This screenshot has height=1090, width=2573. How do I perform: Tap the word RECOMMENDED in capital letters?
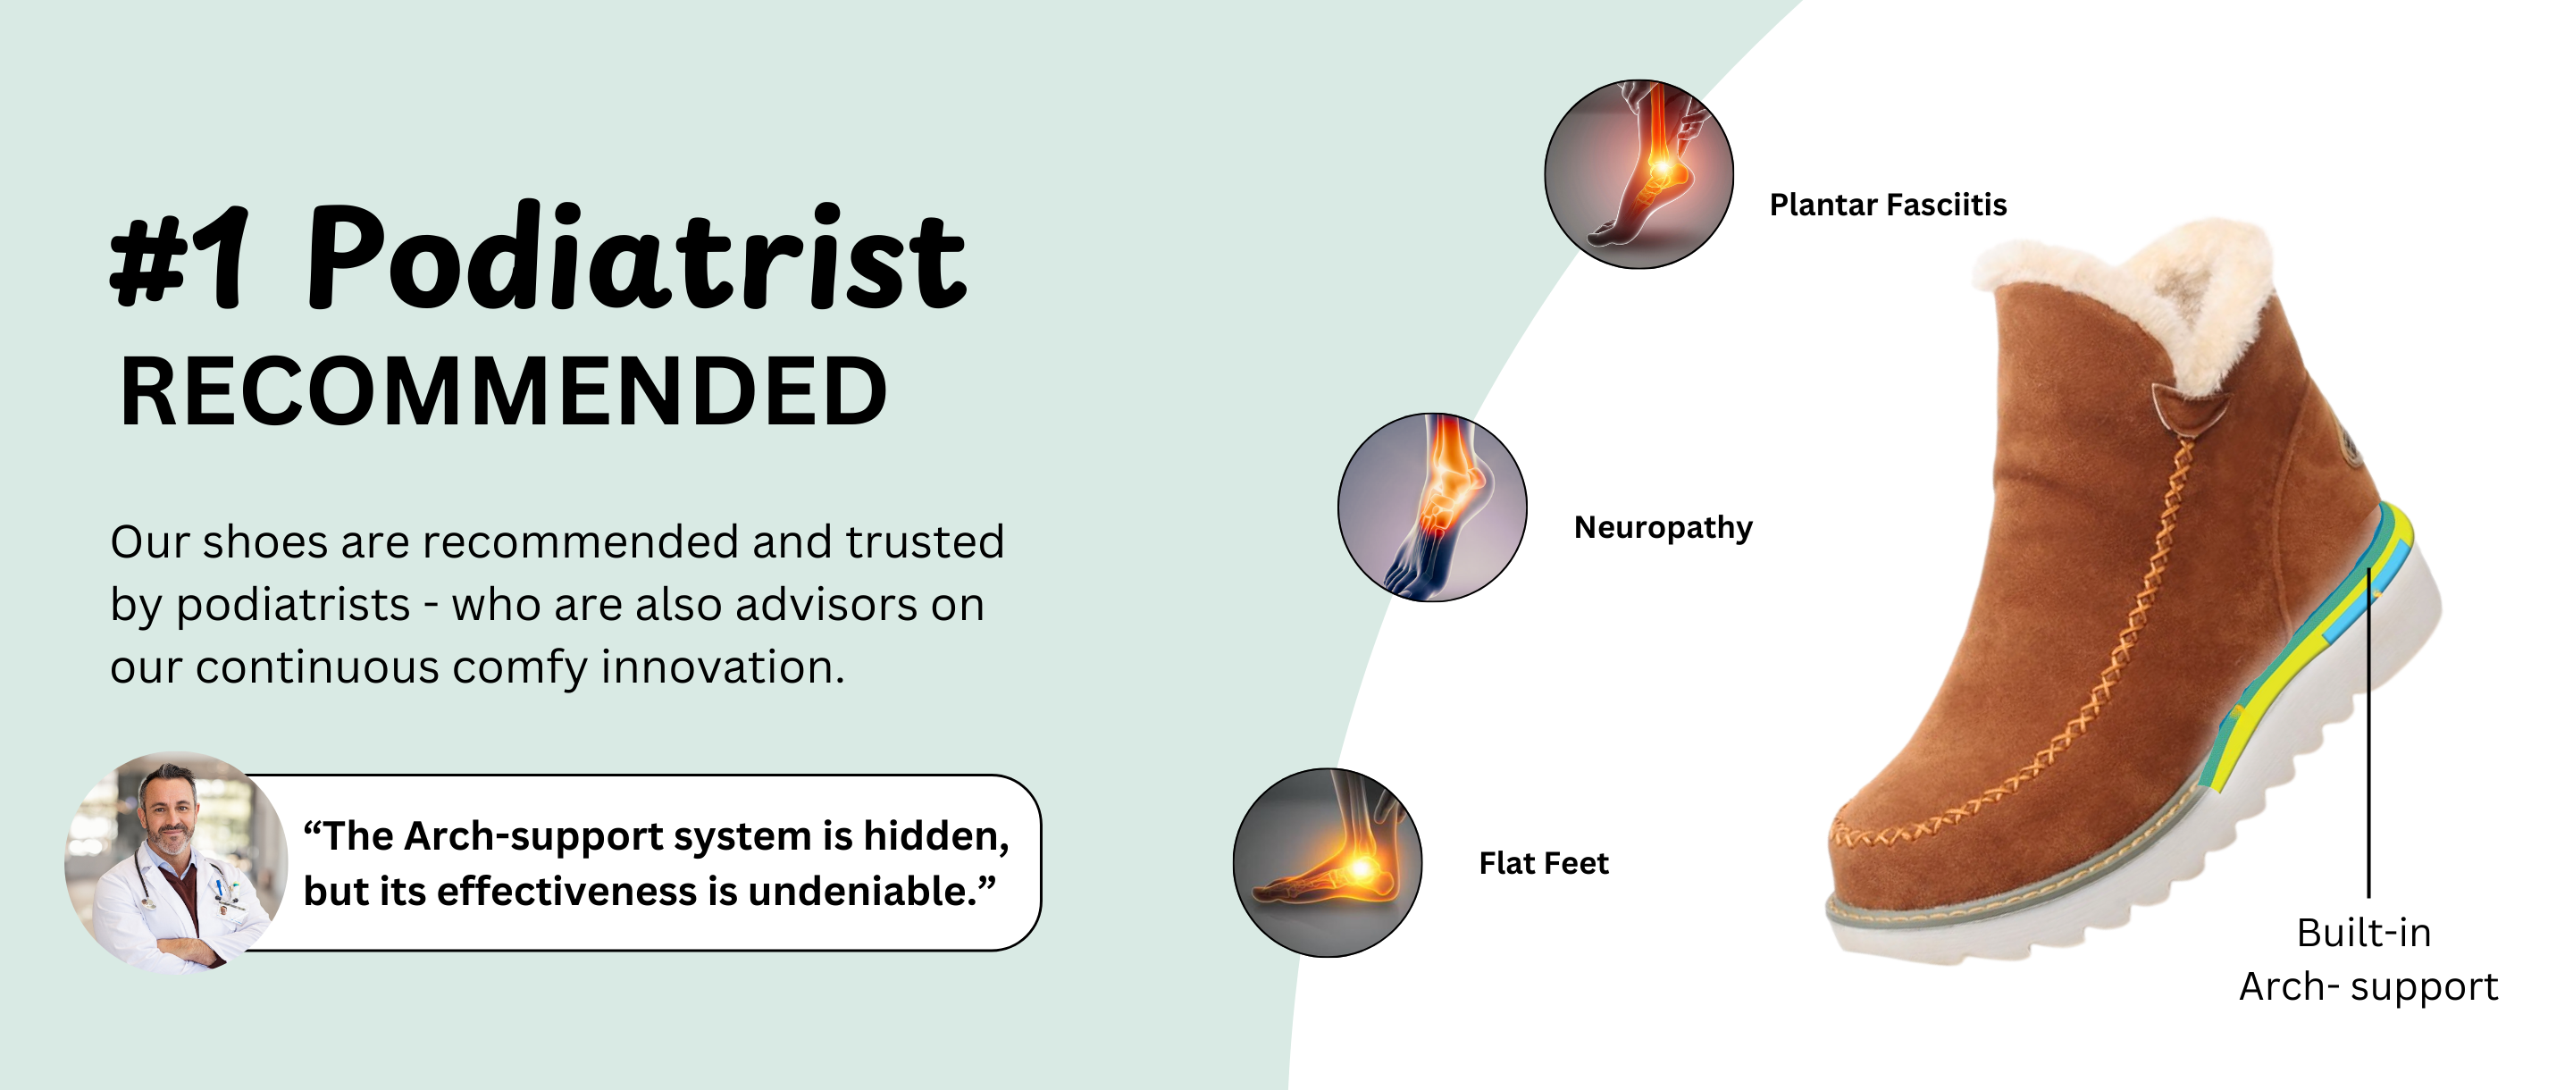click(503, 391)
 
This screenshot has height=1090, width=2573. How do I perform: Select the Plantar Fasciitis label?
click(1888, 205)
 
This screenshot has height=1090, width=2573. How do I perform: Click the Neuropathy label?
click(1663, 527)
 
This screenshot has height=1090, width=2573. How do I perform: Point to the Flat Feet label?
click(1543, 862)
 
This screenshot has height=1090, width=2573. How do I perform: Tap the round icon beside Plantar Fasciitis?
click(1639, 174)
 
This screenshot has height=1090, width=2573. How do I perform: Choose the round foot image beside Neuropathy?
click(1432, 507)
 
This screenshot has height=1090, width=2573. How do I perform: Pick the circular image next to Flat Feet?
click(1328, 863)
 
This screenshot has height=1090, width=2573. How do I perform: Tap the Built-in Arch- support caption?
click(2368, 960)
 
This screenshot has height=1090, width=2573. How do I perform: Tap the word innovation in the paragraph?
click(722, 667)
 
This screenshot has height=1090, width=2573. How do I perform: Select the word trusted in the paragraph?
click(925, 541)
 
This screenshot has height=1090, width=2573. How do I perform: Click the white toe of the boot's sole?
click(1868, 935)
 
